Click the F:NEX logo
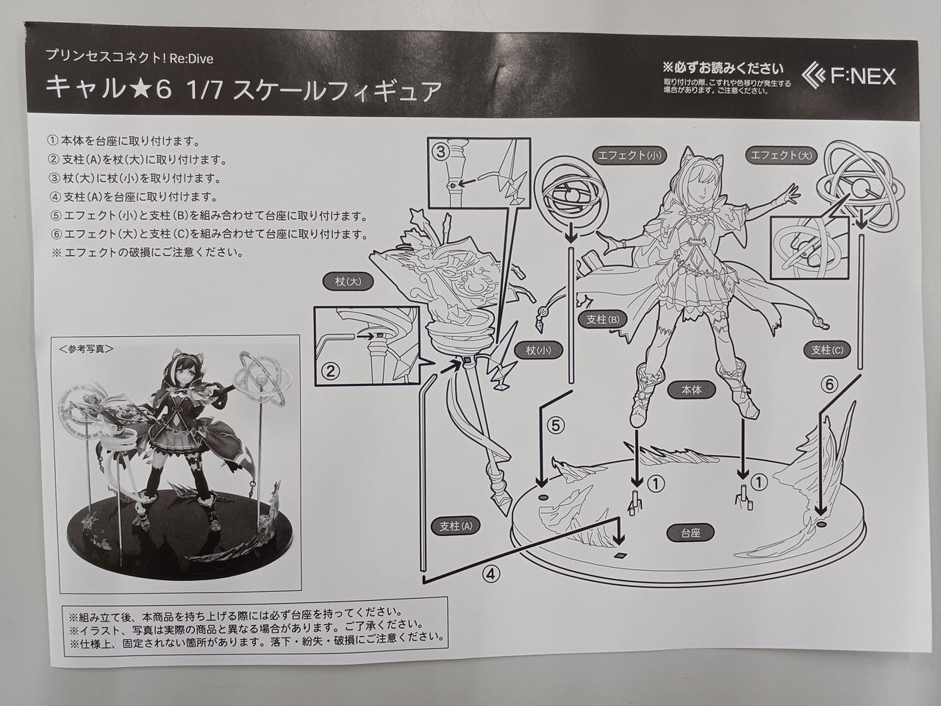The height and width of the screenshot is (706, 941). point(849,76)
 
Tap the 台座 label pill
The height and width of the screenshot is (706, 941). point(690,533)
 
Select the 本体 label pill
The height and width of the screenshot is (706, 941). point(692,390)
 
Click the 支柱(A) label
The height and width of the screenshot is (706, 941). point(456,526)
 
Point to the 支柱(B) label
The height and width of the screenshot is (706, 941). point(603,319)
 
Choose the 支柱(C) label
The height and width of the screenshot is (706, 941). point(827,350)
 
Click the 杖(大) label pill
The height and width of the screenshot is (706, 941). point(348,282)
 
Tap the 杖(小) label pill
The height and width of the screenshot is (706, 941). point(538,350)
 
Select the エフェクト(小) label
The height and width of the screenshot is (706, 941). point(629,155)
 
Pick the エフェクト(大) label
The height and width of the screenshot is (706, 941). point(781,155)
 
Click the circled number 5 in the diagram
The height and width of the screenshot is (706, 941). point(556,426)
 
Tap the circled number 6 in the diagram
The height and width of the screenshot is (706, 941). point(829,385)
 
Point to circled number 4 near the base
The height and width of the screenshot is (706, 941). point(491,574)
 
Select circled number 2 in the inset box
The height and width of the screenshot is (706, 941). point(329,371)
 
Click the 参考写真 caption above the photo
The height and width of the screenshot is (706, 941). point(87,349)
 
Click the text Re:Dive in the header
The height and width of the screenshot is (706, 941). point(191,58)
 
